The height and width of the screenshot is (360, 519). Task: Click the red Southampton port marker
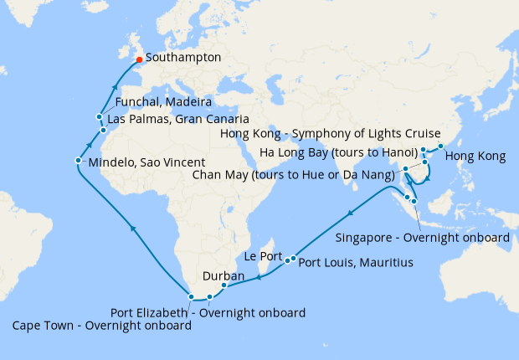(x=139, y=59)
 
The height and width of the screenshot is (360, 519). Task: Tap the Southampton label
(x=183, y=59)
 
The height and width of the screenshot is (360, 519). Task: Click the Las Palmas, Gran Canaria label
(x=178, y=119)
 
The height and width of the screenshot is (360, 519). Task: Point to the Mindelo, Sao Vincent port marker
(x=78, y=161)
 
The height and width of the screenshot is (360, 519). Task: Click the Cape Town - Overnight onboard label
(x=101, y=326)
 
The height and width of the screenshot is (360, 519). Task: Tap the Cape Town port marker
(x=193, y=296)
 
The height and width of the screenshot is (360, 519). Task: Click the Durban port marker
(x=224, y=285)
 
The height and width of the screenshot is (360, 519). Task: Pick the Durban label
(x=224, y=275)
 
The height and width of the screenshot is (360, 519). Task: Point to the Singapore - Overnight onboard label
(x=423, y=237)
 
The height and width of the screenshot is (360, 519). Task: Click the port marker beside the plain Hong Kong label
(x=441, y=147)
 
